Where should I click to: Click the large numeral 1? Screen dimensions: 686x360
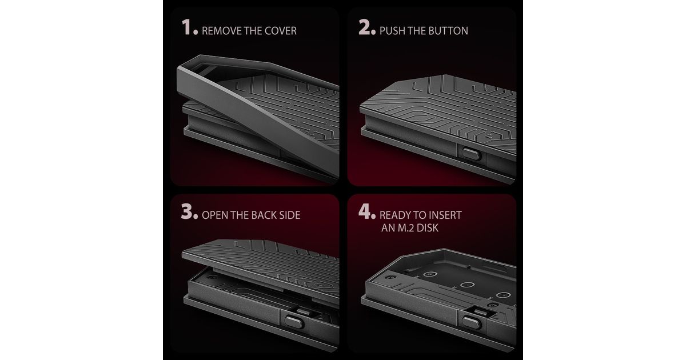tap(186, 27)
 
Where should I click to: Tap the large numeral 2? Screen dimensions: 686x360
tap(365, 27)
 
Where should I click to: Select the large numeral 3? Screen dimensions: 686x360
tap(186, 211)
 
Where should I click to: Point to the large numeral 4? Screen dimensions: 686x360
tap(365, 211)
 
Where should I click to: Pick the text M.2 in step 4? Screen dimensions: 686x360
tap(406, 228)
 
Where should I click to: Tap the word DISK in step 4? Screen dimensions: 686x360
tap(428, 228)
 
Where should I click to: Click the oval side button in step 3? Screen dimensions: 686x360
tap(294, 322)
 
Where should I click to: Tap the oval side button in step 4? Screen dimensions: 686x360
tap(471, 323)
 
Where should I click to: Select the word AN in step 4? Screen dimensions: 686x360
tap(388, 228)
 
